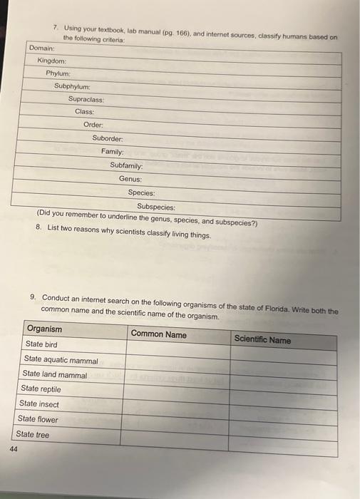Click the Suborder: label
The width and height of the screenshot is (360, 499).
pos(108,138)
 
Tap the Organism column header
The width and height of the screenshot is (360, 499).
pos(44,329)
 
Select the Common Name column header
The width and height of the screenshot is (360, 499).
pos(159,334)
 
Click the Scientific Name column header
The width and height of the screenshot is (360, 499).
pos(262,339)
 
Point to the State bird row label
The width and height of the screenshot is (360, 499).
pos(41,344)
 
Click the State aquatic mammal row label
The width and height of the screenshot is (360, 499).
pos(61,360)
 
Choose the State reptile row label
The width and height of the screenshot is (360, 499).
pos(41,389)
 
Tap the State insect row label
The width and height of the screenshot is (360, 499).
pos(40,404)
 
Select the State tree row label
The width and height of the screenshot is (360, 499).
pos(34,434)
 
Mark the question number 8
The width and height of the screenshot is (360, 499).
pos(38,227)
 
